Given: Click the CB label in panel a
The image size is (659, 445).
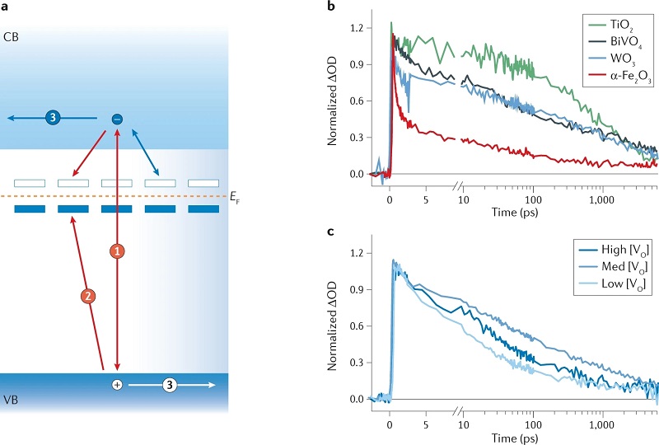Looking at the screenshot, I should coord(12,38).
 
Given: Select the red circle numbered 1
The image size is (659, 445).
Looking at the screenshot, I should coord(118,251).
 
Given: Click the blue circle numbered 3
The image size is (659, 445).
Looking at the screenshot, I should coord(54,119).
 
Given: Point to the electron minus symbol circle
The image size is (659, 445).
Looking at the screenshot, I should coord(117,119).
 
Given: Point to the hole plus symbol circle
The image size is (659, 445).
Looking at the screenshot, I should coord(117,385).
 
